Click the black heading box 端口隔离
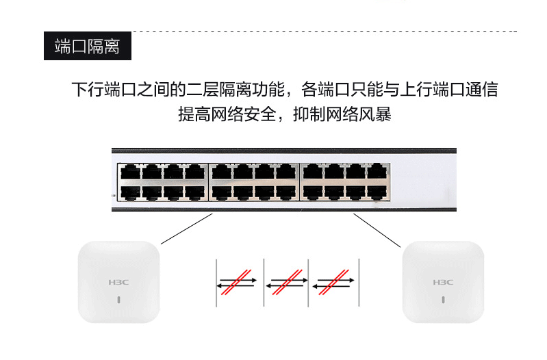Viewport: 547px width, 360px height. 88,46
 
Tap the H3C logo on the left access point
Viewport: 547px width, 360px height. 118,282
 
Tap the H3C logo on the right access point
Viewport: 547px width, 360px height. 443,282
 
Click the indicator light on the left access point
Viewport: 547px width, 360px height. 118,300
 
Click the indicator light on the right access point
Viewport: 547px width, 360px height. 443,300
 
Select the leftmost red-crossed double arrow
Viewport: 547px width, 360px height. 236,283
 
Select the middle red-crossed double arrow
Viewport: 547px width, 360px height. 287,283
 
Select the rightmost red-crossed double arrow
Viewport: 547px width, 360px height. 333,283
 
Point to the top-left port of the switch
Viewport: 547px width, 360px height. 130,172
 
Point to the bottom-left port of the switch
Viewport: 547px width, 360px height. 130,193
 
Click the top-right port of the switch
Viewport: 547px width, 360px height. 377,172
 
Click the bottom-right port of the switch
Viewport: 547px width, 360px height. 377,193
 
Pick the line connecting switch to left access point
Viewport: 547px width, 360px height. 187,229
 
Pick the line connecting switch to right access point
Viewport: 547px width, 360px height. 377,231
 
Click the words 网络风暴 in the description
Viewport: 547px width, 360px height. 359,114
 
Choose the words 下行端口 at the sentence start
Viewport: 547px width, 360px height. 104,89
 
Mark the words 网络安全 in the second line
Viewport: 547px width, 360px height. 244,114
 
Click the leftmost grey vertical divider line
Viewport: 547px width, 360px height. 216,283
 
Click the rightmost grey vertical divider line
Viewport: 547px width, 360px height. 359,283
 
